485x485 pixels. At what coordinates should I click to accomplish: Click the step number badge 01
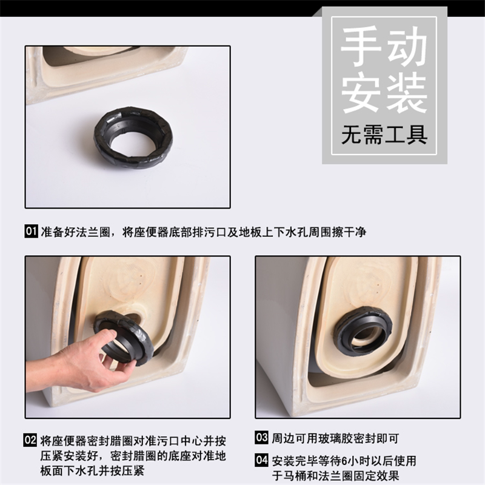tap(32, 232)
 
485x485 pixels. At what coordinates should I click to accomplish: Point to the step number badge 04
tap(261, 460)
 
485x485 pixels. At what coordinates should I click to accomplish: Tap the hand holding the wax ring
tap(91, 361)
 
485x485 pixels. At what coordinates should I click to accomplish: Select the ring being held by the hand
tap(124, 336)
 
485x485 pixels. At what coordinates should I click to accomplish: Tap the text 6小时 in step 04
tap(346, 460)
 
